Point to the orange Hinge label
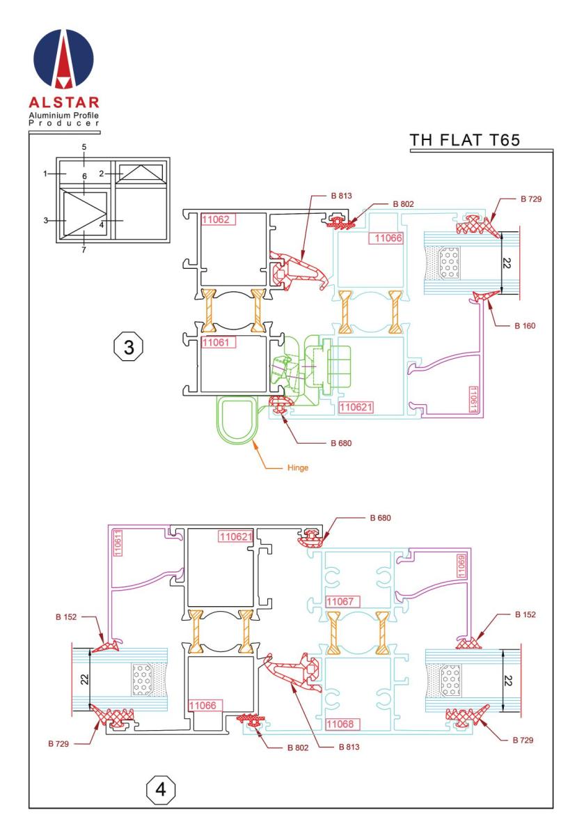(x=297, y=468)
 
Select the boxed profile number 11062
(x=218, y=219)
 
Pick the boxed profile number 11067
(x=343, y=601)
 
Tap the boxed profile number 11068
(x=343, y=724)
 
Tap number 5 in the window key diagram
(x=84, y=148)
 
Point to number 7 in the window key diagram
(x=84, y=250)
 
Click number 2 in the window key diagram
(x=102, y=173)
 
